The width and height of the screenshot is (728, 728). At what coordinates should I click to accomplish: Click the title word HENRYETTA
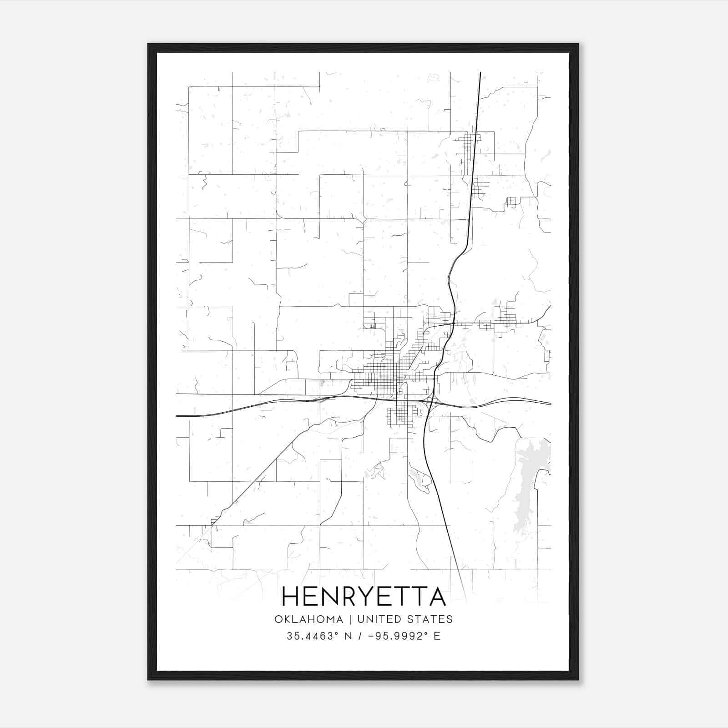click(364, 597)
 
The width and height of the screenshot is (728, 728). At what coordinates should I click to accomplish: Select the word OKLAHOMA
click(308, 619)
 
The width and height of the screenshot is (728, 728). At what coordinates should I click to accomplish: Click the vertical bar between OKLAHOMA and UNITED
click(350, 619)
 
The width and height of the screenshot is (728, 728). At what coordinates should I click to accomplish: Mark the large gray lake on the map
click(530, 478)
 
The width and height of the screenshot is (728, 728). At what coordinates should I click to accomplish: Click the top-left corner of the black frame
click(149, 45)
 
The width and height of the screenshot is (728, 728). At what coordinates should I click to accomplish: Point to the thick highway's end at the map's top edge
click(480, 73)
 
